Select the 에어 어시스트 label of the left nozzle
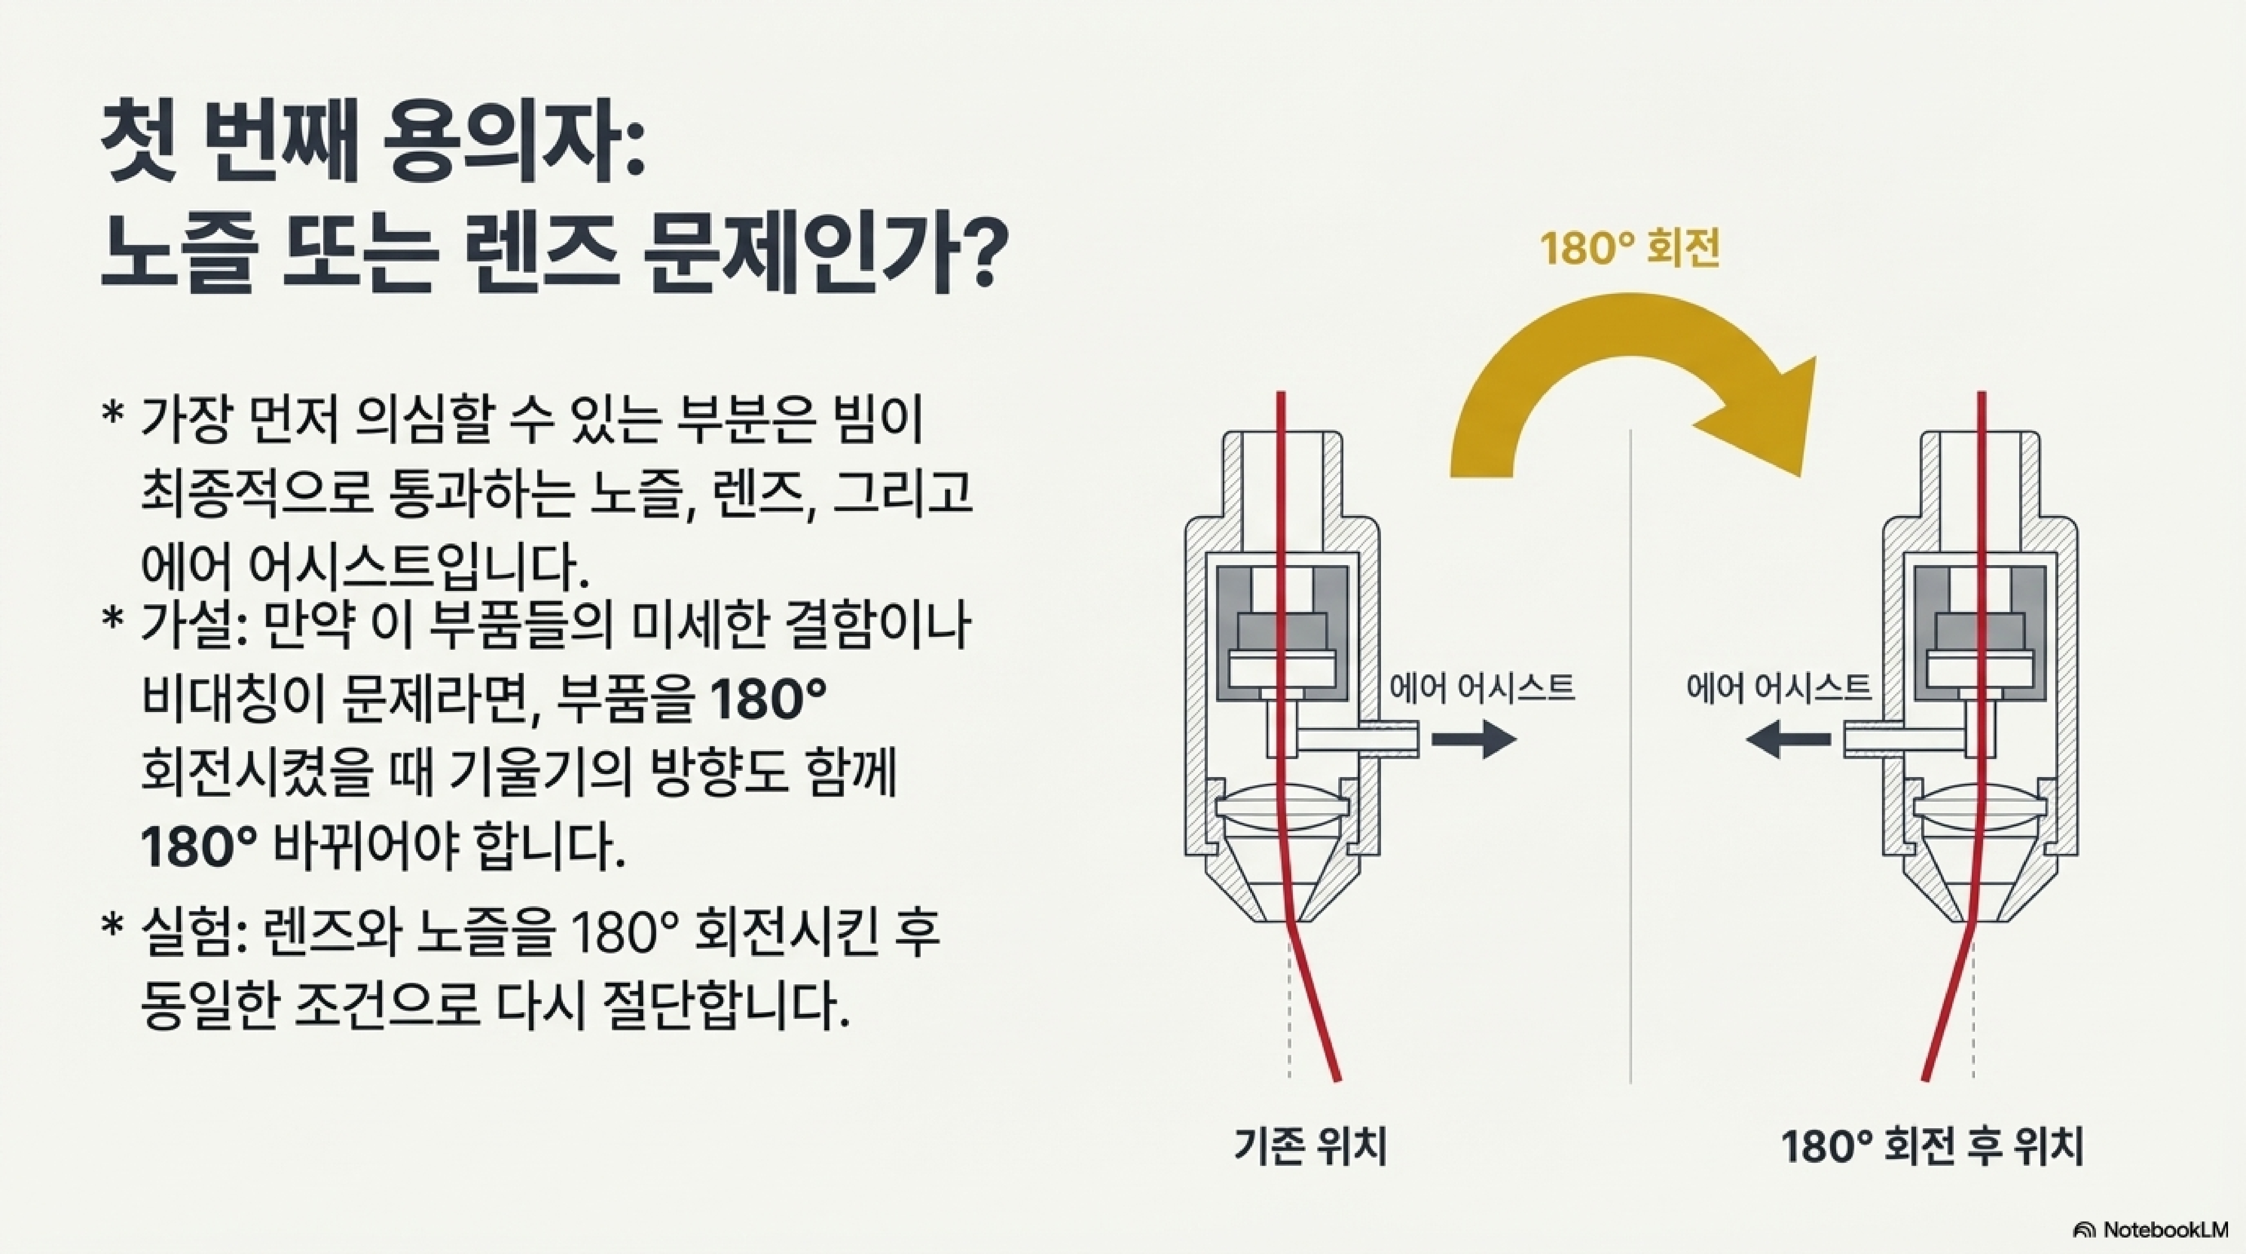point(1482,688)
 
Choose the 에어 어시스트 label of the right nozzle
point(1779,688)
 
